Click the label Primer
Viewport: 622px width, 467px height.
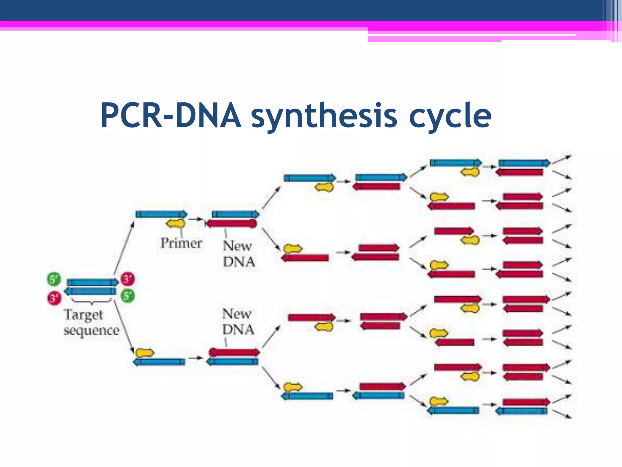(x=181, y=243)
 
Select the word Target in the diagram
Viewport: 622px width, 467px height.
(x=84, y=315)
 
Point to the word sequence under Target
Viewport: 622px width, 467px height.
(x=92, y=330)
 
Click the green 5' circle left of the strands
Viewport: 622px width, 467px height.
(x=54, y=279)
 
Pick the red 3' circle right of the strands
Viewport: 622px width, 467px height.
(x=128, y=279)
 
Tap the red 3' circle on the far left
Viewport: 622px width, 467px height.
(x=54, y=298)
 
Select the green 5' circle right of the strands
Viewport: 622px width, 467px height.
(x=128, y=296)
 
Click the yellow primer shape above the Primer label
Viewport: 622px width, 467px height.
(x=176, y=224)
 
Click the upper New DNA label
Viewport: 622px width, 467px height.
(x=239, y=254)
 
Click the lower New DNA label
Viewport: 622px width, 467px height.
(x=238, y=322)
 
